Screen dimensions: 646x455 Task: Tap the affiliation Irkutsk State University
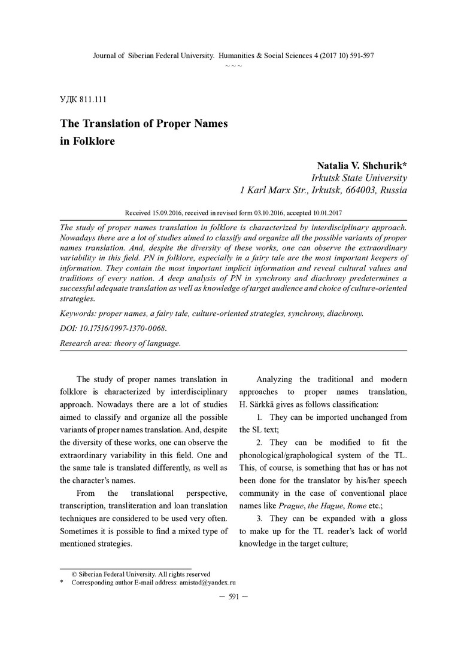click(x=359, y=178)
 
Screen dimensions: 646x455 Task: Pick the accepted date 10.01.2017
click(x=321, y=212)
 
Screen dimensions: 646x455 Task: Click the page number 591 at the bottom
click(x=233, y=596)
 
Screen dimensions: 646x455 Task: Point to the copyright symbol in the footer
click(x=74, y=574)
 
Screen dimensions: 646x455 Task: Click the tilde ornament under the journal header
click(x=233, y=65)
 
